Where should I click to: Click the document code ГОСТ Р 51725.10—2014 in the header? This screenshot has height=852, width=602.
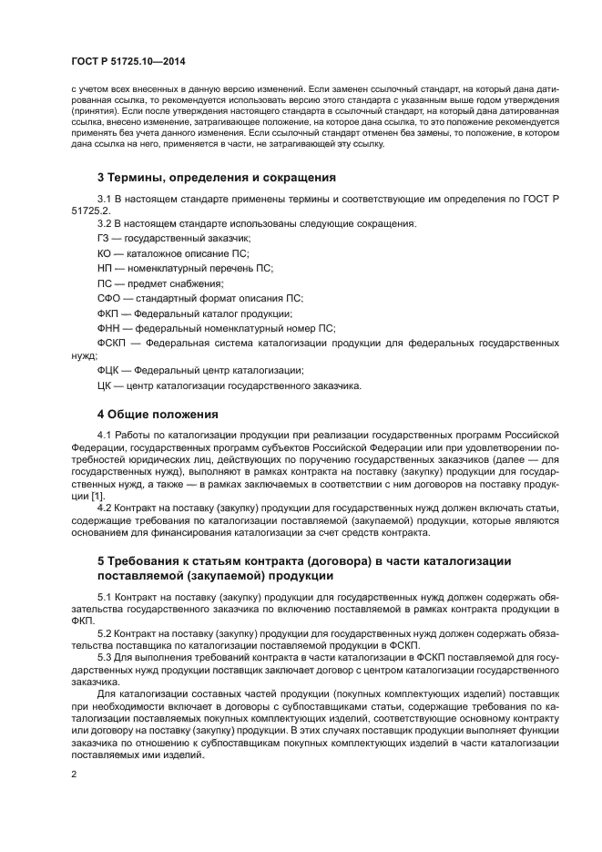[128, 59]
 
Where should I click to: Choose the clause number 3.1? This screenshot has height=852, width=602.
[104, 198]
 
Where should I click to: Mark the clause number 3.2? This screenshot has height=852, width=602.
[104, 222]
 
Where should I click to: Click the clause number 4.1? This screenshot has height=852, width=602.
[104, 436]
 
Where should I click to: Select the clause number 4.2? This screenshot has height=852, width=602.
[104, 508]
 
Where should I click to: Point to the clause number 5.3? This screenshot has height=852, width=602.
[104, 655]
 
